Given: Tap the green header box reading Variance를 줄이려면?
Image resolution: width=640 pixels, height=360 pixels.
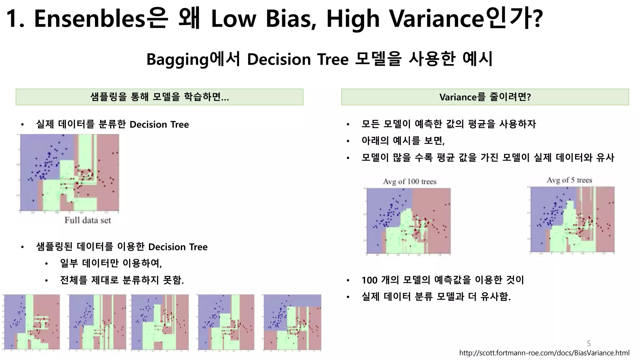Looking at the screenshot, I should click(485, 97).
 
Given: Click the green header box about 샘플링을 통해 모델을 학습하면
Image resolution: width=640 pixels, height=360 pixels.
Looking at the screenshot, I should click(159, 97).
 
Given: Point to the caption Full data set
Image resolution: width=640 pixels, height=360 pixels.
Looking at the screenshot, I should click(88, 220).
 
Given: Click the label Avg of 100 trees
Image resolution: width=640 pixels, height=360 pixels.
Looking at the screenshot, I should click(409, 182).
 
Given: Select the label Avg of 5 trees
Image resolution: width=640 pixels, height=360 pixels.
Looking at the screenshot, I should click(569, 180).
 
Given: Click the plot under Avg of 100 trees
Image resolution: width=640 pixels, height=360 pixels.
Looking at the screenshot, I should click(408, 221).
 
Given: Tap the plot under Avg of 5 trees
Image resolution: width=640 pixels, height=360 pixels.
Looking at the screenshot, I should click(572, 219).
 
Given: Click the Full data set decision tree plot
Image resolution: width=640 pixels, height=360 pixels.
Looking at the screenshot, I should click(69, 172).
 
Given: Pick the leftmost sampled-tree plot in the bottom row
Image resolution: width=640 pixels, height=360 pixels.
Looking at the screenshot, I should click(32, 322).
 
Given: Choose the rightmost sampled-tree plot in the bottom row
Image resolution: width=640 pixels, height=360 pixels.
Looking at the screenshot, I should click(292, 322).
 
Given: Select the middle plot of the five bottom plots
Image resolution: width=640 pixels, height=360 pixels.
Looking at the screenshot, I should click(160, 322).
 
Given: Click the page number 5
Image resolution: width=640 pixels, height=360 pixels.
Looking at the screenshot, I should click(589, 343).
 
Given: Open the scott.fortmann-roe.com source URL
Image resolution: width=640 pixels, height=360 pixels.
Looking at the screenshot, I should click(544, 353).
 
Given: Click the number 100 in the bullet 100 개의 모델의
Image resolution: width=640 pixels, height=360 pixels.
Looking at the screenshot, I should click(369, 280).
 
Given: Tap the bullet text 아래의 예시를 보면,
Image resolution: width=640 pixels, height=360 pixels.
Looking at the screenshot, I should click(403, 141).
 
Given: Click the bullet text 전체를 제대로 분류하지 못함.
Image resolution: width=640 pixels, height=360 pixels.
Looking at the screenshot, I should click(122, 280).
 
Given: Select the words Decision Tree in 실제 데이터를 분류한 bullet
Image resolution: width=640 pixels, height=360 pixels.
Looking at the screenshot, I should click(159, 124).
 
